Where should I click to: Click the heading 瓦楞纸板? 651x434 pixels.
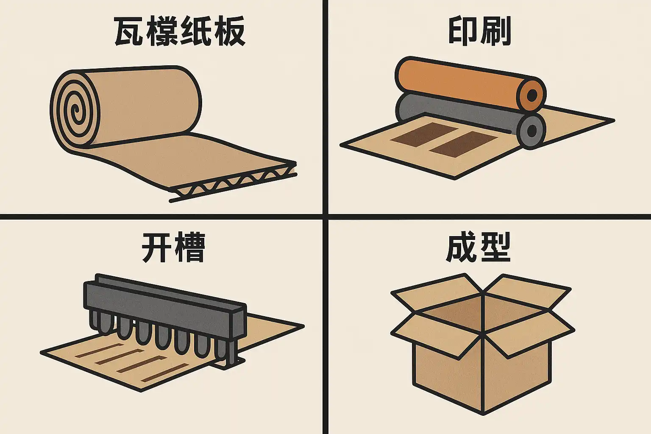[179, 31]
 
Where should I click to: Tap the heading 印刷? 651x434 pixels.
[479, 31]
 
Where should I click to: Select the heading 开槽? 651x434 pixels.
[173, 247]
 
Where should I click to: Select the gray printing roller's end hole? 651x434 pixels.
[531, 131]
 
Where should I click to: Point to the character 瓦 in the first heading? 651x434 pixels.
[130, 31]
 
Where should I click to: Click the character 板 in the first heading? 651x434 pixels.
[229, 31]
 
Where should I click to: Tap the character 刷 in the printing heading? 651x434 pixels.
[495, 31]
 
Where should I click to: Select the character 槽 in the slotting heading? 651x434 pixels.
[190, 247]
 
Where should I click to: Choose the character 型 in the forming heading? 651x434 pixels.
[495, 247]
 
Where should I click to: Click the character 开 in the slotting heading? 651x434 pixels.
[157, 247]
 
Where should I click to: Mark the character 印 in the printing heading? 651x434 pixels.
[463, 31]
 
